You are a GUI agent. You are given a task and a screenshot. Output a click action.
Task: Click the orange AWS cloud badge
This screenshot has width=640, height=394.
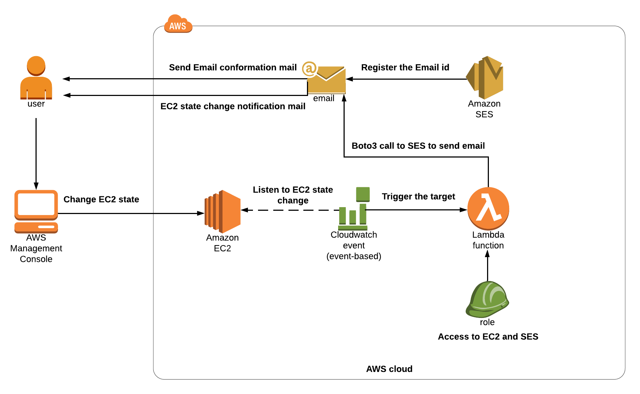coord(178,24)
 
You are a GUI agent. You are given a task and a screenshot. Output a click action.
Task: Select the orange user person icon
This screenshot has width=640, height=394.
coord(36,77)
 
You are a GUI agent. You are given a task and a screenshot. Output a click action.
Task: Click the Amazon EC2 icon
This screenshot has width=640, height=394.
coord(223,211)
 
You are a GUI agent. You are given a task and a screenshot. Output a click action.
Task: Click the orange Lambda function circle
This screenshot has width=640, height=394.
coord(488,209)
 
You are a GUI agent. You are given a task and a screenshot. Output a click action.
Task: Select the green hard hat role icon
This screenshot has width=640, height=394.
coord(487,299)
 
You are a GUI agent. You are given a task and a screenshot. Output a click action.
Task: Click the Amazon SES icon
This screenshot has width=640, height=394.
coord(485,77)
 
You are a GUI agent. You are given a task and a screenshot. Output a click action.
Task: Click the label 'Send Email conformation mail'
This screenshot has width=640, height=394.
coord(233,68)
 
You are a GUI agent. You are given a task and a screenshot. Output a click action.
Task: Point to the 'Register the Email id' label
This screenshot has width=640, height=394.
coord(405,68)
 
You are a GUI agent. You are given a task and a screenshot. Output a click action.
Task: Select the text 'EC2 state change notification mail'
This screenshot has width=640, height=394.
coord(233,106)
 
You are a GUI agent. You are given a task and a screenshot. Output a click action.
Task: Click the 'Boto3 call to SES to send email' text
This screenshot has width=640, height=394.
coord(418,146)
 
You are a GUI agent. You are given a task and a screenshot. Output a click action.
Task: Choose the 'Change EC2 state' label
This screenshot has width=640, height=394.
coord(101,200)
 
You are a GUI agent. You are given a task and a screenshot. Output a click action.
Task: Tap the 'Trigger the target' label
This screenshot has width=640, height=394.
coord(418,197)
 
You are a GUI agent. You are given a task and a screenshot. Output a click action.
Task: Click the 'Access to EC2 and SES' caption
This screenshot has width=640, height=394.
coord(488,337)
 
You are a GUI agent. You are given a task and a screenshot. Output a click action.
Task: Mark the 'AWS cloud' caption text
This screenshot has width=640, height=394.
coord(389,369)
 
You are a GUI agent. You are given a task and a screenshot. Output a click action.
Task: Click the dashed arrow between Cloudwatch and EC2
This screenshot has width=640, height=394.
coord(290,210)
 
